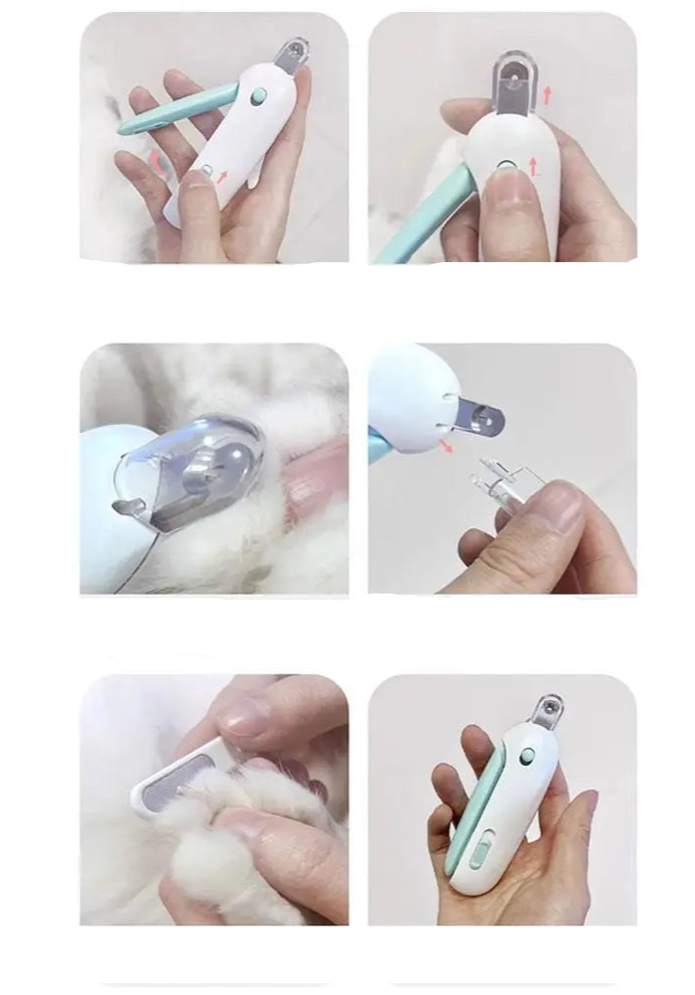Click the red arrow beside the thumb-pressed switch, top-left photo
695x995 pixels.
click(x=222, y=176)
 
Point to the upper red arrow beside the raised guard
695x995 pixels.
click(x=546, y=95)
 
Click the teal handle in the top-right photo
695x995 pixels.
click(x=426, y=214)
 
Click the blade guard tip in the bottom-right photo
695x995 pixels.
click(x=543, y=711)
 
